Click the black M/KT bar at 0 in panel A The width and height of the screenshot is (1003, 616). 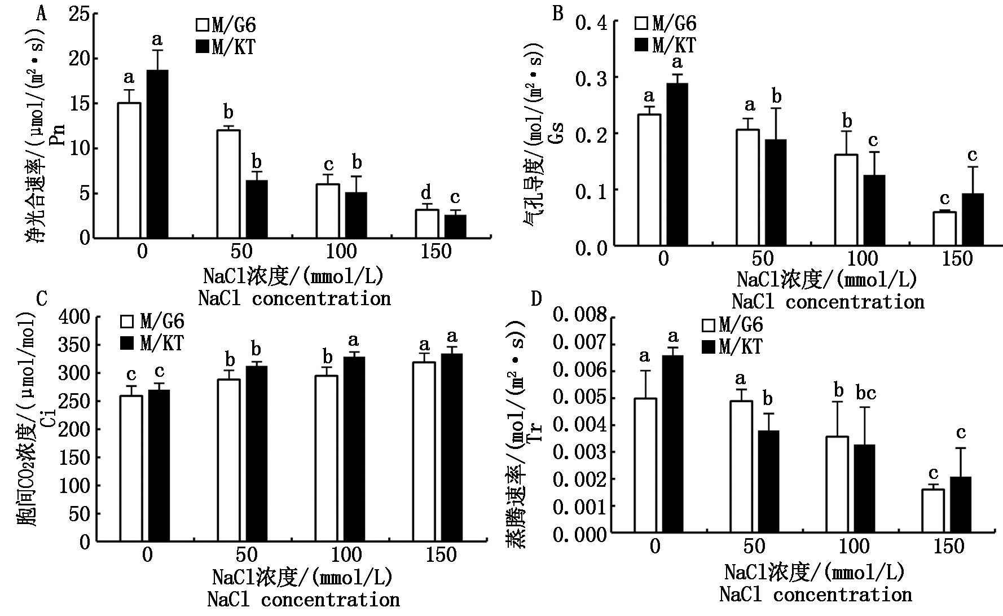(157, 153)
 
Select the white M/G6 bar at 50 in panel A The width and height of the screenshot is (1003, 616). (228, 183)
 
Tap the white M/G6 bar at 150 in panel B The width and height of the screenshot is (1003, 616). (944, 228)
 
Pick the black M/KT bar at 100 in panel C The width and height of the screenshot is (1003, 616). (354, 448)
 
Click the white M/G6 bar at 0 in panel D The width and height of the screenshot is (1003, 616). (645, 465)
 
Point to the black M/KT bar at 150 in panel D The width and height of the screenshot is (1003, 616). (960, 504)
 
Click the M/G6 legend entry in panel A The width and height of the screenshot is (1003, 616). (226, 25)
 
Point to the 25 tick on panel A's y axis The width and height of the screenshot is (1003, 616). (78, 14)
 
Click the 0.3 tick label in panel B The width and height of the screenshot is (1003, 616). (591, 78)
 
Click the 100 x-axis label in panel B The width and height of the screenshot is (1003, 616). (863, 259)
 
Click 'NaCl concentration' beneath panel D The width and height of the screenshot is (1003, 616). (815, 594)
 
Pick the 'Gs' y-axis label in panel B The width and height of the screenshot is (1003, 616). (557, 135)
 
